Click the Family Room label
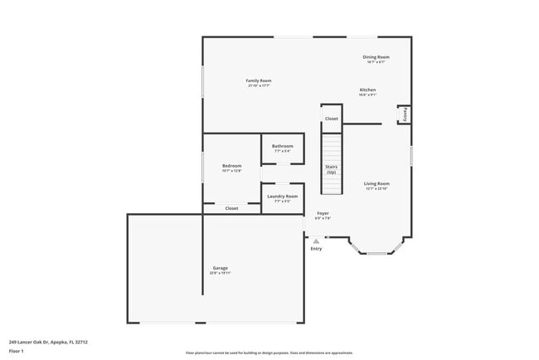click(259, 80)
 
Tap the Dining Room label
click(376, 57)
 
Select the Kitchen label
click(367, 90)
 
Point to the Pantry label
click(405, 114)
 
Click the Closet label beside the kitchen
click(331, 119)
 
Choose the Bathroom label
click(282, 146)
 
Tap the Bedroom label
click(231, 166)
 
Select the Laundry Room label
click(282, 196)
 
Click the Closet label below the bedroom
click(231, 208)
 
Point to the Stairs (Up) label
click(331, 169)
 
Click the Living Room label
click(376, 183)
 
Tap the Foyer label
click(323, 213)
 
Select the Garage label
click(220, 268)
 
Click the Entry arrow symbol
click(316, 241)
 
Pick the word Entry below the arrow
click(316, 249)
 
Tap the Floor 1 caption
click(16, 351)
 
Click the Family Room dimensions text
click(259, 85)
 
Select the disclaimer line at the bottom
click(269, 353)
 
